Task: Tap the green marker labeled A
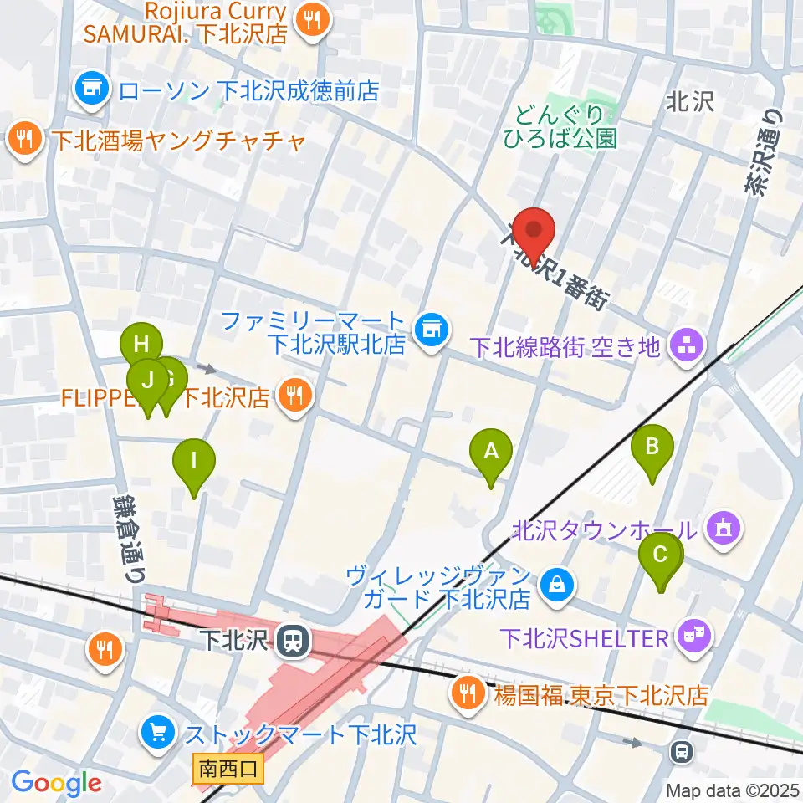point(491,453)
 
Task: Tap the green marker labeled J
point(148,383)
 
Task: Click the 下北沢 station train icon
point(293,642)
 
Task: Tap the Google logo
point(57,783)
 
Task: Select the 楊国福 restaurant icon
point(463,694)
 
